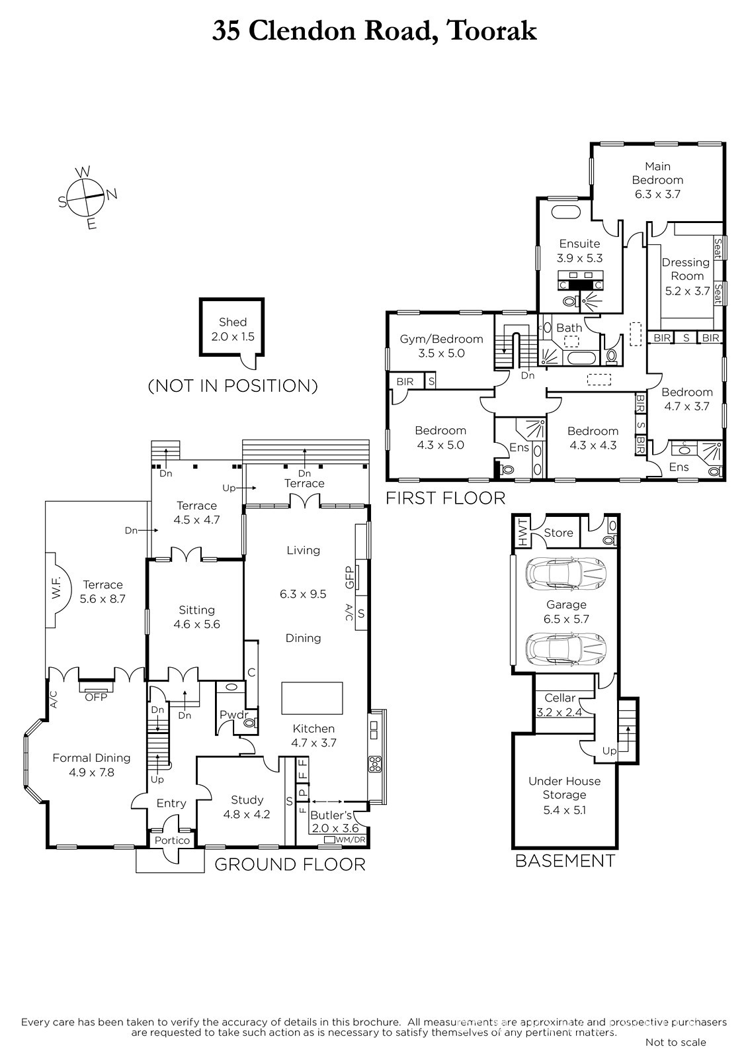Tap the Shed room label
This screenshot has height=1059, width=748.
(x=233, y=322)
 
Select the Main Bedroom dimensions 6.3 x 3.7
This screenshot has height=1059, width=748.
(x=657, y=194)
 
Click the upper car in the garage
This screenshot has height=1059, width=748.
(x=566, y=573)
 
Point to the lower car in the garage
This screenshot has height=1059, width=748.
(x=566, y=649)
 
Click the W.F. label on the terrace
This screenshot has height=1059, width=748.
(x=56, y=590)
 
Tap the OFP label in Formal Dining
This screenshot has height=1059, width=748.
(x=96, y=698)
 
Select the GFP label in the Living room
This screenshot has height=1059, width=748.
(x=350, y=577)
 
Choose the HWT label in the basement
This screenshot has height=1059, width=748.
(x=522, y=532)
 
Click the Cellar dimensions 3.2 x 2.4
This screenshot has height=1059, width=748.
(x=560, y=712)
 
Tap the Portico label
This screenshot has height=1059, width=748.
(x=172, y=841)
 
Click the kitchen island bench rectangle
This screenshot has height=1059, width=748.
(x=312, y=698)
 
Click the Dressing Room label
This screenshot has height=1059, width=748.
(x=686, y=269)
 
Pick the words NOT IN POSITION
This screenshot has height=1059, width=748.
(x=233, y=386)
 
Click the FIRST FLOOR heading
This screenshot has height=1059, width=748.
(x=446, y=498)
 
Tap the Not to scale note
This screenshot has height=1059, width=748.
(x=676, y=1042)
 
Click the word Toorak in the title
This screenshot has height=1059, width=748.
(x=491, y=31)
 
